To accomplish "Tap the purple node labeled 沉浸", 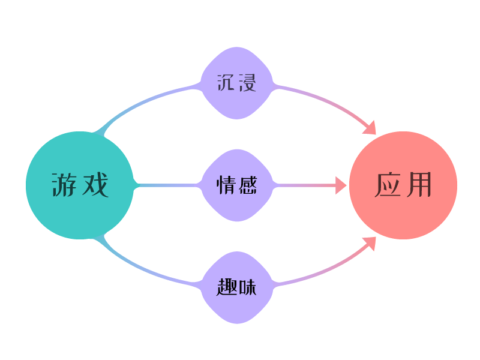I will tap(237, 83).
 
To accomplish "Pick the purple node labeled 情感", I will tap(237, 185).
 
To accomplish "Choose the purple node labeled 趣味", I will tap(237, 288).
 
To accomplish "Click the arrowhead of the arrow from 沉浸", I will tap(370, 128).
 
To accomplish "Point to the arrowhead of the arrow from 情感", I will tap(341, 185).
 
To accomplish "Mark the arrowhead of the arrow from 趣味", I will tap(370, 243).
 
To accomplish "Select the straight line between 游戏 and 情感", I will tap(168, 185).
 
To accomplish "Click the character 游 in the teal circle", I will tap(64, 185).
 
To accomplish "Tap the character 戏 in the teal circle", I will tap(95, 185).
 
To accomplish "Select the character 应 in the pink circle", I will tap(388, 185).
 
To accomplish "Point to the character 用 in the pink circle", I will tap(419, 185).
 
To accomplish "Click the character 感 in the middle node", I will tap(247, 185).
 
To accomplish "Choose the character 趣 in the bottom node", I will tap(226, 288).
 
